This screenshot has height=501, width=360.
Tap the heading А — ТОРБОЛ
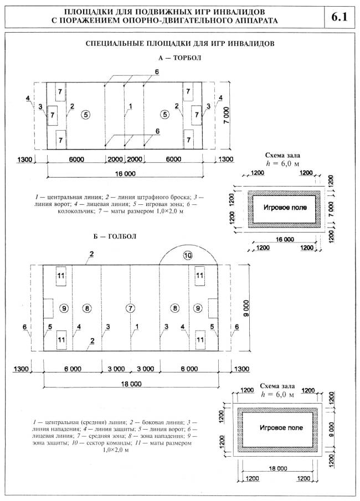click(179, 58)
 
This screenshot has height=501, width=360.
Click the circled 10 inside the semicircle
click(188, 256)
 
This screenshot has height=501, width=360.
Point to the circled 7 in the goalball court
click(130, 307)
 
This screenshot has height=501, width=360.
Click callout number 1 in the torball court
click(130, 106)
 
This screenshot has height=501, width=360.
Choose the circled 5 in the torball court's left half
click(84, 115)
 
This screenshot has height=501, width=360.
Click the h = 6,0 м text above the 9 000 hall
click(276, 395)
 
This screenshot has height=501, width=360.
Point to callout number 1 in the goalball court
click(136, 327)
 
